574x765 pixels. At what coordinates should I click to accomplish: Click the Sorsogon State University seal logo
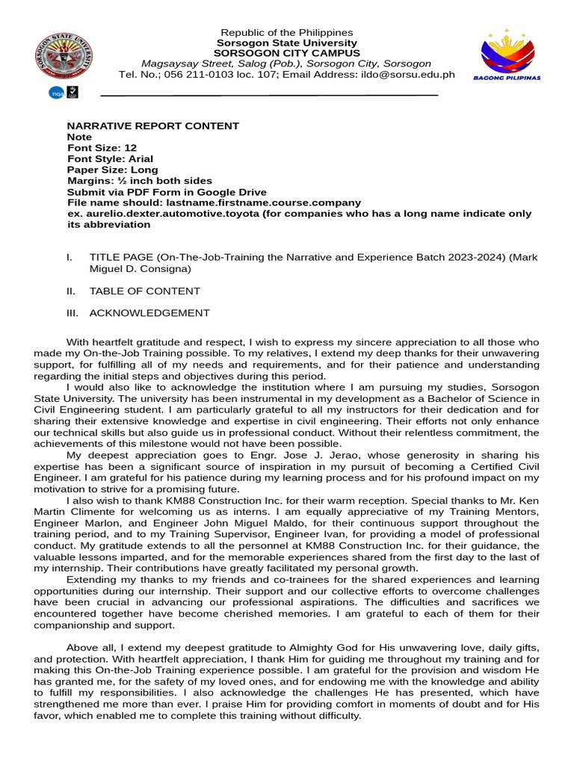[x=64, y=57]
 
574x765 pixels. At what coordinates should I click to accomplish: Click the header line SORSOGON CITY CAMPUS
[x=286, y=54]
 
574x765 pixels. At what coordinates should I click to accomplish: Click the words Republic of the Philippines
[x=286, y=33]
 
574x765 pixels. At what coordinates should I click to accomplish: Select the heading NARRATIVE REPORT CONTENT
[x=153, y=126]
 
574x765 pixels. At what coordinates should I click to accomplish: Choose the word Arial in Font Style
[x=141, y=159]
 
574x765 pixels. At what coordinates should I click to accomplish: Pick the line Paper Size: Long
[x=113, y=170]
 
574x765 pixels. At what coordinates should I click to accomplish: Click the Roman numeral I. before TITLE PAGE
[x=70, y=258]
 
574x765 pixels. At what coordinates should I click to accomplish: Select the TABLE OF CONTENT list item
[x=144, y=291]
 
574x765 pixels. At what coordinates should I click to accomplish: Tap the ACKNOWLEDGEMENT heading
[x=149, y=314]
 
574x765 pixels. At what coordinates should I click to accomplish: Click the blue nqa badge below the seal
[x=57, y=93]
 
